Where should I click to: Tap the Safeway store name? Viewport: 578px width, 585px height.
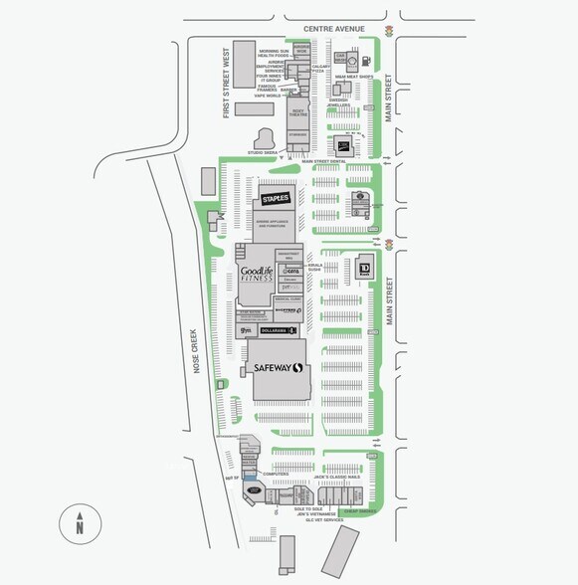point(276,368)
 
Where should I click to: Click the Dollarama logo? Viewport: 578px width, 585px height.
point(281,329)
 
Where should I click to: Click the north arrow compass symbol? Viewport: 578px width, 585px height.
point(78,521)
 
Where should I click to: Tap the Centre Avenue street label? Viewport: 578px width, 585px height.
point(336,30)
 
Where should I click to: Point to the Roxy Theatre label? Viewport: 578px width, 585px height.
point(297,113)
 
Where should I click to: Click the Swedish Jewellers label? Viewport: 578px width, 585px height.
point(339,102)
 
